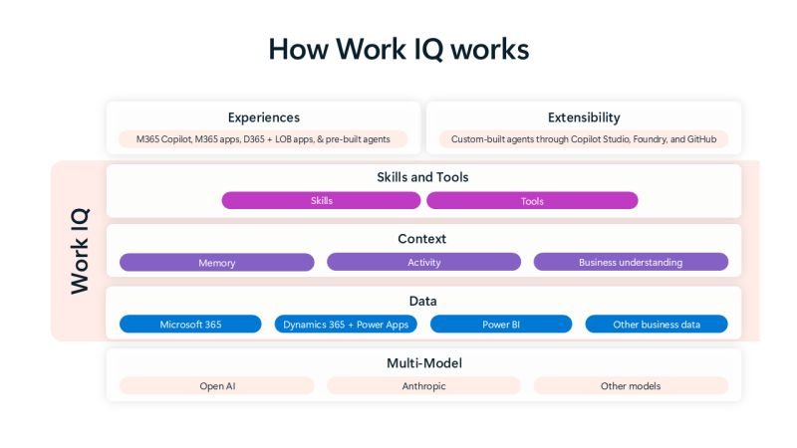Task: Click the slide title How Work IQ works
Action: (x=398, y=50)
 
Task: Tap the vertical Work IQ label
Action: (x=80, y=250)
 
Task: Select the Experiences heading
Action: (x=263, y=117)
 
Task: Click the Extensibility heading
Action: (x=584, y=117)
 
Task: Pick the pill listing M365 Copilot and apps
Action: (x=263, y=139)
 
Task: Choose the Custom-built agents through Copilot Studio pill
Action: (x=584, y=139)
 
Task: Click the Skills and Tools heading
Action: (x=422, y=177)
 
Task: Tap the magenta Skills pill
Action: (x=321, y=200)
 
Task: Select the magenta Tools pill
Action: (x=532, y=200)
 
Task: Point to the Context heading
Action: (x=422, y=239)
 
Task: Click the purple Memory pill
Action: (x=216, y=263)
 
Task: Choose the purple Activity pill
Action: (x=423, y=263)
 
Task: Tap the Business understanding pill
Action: (x=631, y=263)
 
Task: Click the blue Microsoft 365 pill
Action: (x=190, y=325)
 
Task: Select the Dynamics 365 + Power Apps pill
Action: (x=346, y=325)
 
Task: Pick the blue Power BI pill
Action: (x=501, y=325)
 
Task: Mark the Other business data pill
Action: (x=657, y=325)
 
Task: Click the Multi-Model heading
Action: (x=423, y=362)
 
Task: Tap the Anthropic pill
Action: (x=423, y=385)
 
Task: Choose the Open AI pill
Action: (x=216, y=385)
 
